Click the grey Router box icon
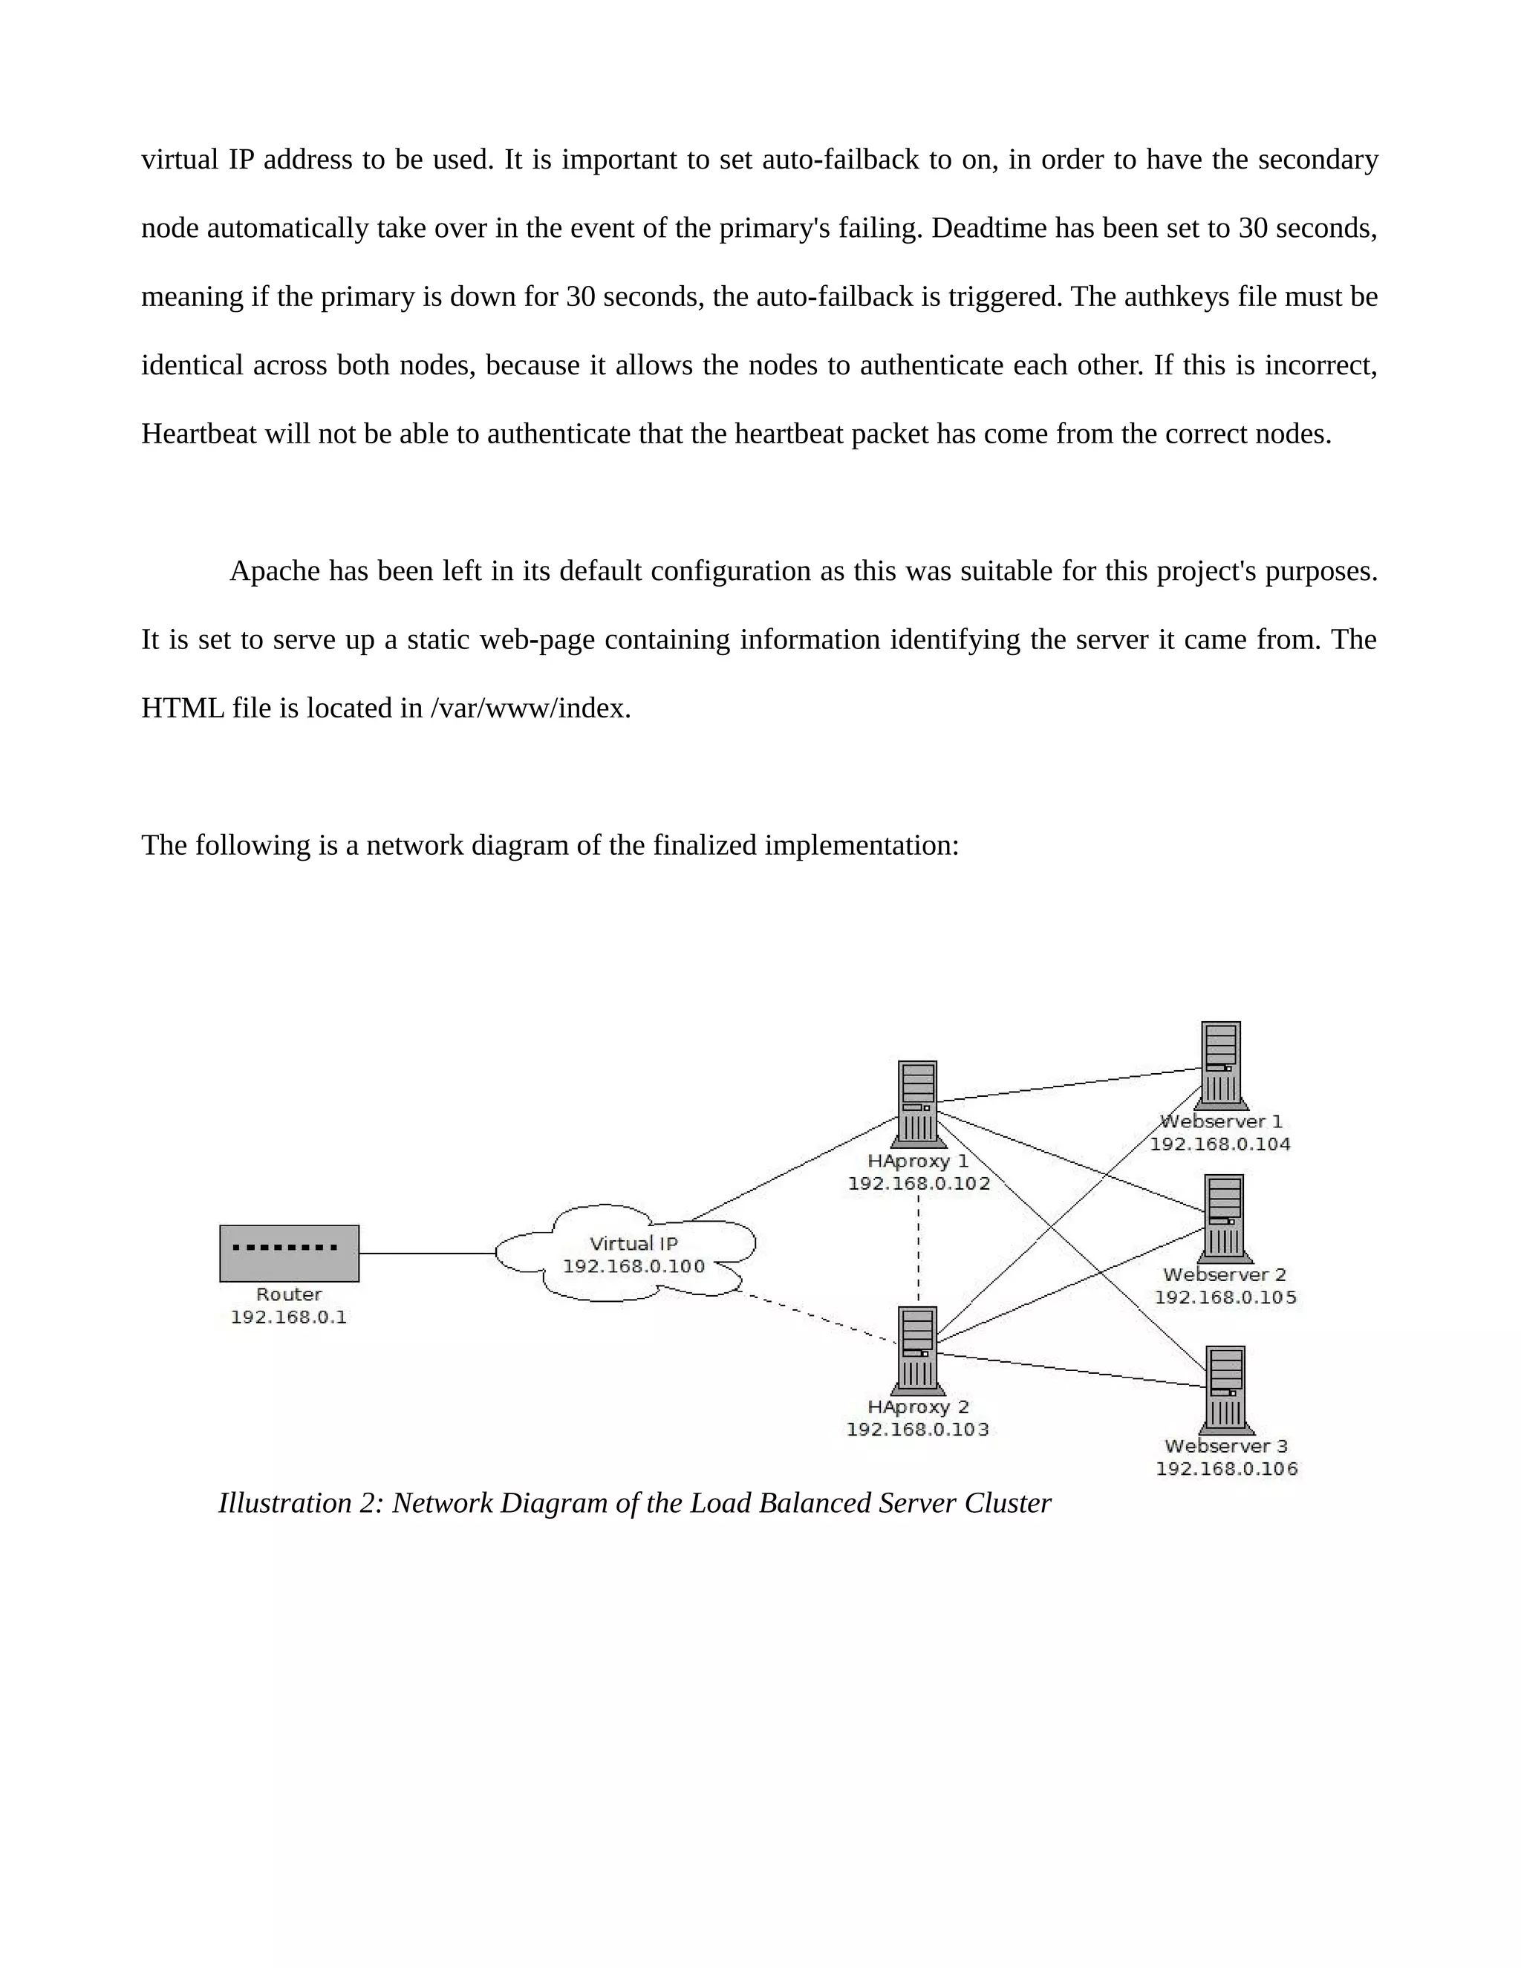click(289, 1253)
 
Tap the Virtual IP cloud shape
click(631, 1254)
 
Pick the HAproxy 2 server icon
click(917, 1350)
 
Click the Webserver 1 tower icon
click(1222, 1065)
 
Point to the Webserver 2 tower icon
click(1225, 1218)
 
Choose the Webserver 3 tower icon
click(1225, 1389)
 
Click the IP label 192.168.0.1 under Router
click(288, 1317)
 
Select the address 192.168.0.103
click(917, 1430)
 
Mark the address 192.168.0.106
click(1226, 1470)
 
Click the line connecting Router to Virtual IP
click(427, 1254)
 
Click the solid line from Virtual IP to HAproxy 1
click(793, 1169)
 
